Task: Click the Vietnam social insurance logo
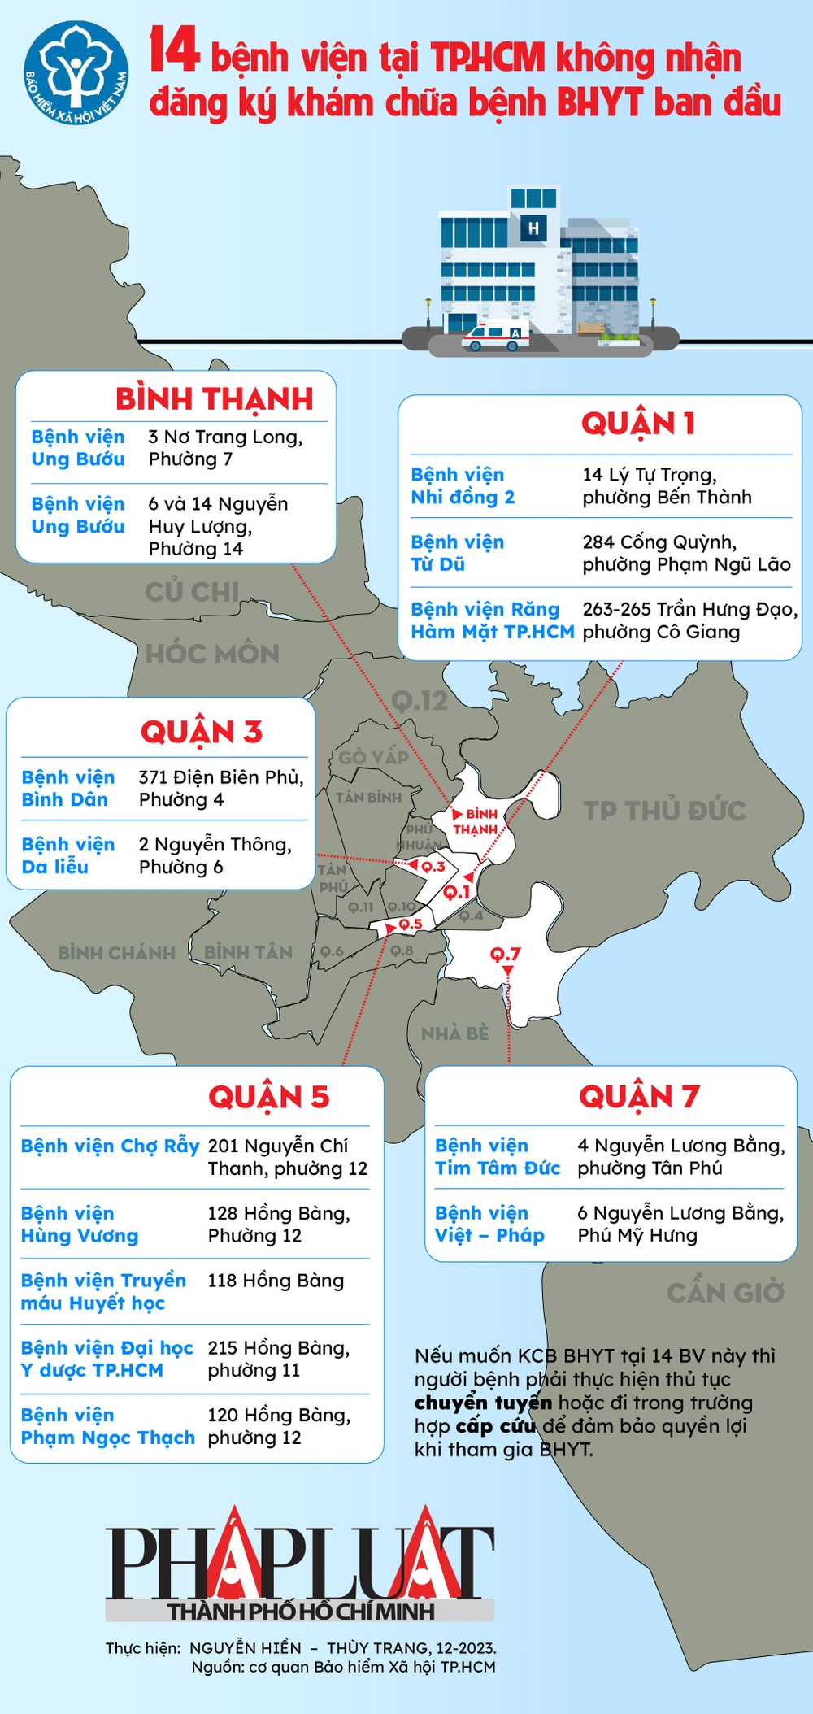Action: click(76, 74)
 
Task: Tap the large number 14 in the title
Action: click(174, 51)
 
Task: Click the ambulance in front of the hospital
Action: click(495, 336)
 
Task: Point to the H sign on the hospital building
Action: click(533, 228)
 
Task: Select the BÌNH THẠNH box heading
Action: click(214, 399)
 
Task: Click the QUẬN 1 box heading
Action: click(637, 424)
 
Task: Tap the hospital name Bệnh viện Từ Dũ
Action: click(457, 553)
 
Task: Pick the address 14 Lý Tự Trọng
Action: click(650, 475)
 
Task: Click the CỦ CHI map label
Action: click(192, 591)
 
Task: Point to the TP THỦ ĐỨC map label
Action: click(664, 810)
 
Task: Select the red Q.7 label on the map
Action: click(505, 954)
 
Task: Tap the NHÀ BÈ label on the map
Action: click(454, 1033)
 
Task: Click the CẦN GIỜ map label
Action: click(725, 1292)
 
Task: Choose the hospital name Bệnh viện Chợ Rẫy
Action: click(110, 1146)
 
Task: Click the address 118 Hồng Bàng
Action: click(276, 1281)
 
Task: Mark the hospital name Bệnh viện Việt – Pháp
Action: click(489, 1224)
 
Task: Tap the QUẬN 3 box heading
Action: click(201, 732)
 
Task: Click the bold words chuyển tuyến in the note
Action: click(483, 1403)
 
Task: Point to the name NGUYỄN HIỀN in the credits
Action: click(245, 1648)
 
